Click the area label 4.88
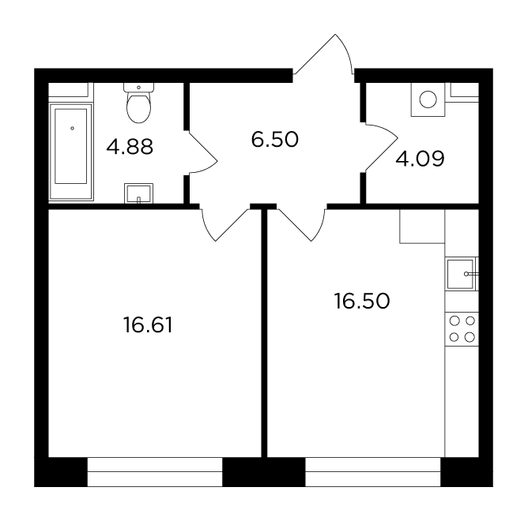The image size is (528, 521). [130, 147]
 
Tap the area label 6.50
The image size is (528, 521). [275, 140]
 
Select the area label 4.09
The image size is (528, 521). [420, 159]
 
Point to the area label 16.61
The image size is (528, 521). [148, 325]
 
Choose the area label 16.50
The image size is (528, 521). [362, 301]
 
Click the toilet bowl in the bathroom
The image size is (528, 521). [139, 107]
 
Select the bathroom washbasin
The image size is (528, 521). [139, 193]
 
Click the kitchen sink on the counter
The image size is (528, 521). [460, 274]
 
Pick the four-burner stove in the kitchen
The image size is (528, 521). [462, 329]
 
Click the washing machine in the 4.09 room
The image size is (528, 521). [428, 99]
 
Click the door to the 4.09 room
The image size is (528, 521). [382, 148]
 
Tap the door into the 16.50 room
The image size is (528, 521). [301, 225]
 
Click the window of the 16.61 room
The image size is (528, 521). [155, 472]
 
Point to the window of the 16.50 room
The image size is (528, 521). [373, 472]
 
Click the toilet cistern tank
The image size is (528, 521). [139, 88]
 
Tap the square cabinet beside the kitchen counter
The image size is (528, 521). [422, 226]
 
